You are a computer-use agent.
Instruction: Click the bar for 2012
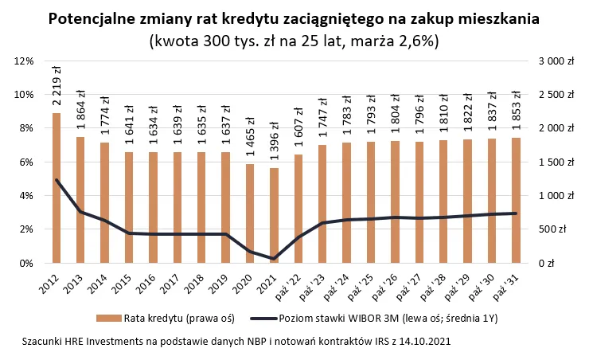click(x=57, y=188)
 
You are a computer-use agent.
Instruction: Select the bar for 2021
click(x=274, y=215)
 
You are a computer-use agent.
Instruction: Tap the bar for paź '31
click(x=516, y=200)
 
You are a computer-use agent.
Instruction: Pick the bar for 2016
click(x=153, y=207)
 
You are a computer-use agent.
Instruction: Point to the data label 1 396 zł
click(x=274, y=143)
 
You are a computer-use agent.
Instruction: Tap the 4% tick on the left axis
click(x=25, y=195)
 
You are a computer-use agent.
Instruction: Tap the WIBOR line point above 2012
click(x=57, y=180)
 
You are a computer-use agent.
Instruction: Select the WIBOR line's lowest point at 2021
click(x=274, y=259)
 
